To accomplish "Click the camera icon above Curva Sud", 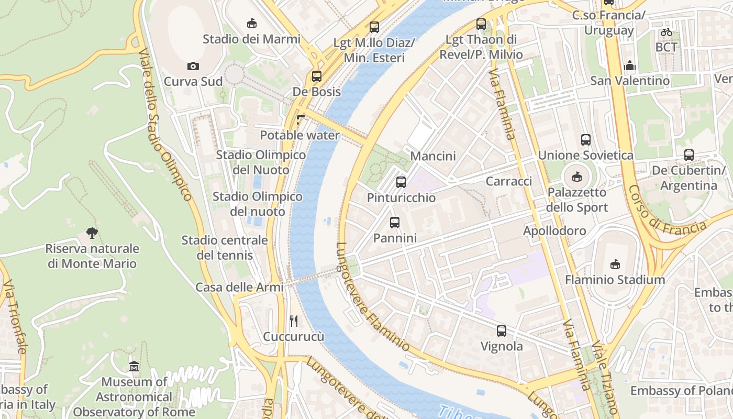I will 193,66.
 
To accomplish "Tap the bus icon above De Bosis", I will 317,76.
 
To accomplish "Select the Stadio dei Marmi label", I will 251,39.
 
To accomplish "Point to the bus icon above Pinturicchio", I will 401,182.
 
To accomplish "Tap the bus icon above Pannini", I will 395,223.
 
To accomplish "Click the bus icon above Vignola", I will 502,331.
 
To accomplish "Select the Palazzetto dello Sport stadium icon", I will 577,177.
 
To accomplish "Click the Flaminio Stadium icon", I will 615,264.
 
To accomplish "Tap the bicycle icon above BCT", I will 666,32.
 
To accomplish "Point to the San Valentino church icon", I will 629,65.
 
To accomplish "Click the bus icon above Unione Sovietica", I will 586,140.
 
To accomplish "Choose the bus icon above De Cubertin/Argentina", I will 689,155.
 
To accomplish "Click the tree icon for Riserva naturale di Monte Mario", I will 92,233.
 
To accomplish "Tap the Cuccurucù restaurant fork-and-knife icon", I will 294,321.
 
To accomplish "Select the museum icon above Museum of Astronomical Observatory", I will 134,367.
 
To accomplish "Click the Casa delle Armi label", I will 239,287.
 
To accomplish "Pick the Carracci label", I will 509,181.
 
